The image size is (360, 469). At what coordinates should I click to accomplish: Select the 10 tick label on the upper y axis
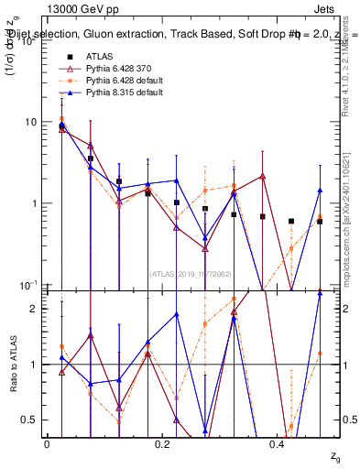29,122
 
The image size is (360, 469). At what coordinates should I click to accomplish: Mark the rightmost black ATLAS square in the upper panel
320,221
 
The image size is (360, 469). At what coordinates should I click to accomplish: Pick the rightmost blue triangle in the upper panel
320,191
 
